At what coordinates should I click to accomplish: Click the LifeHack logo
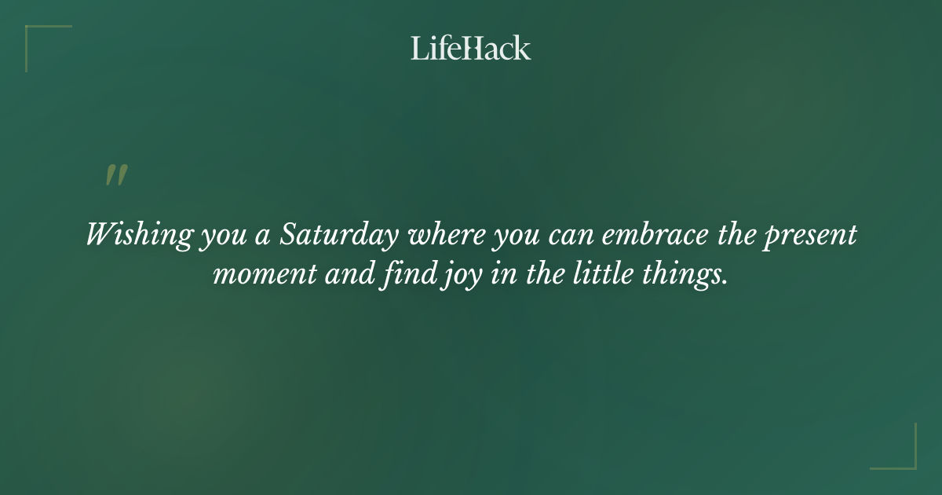point(471,48)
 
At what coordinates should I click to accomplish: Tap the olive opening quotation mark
point(116,175)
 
